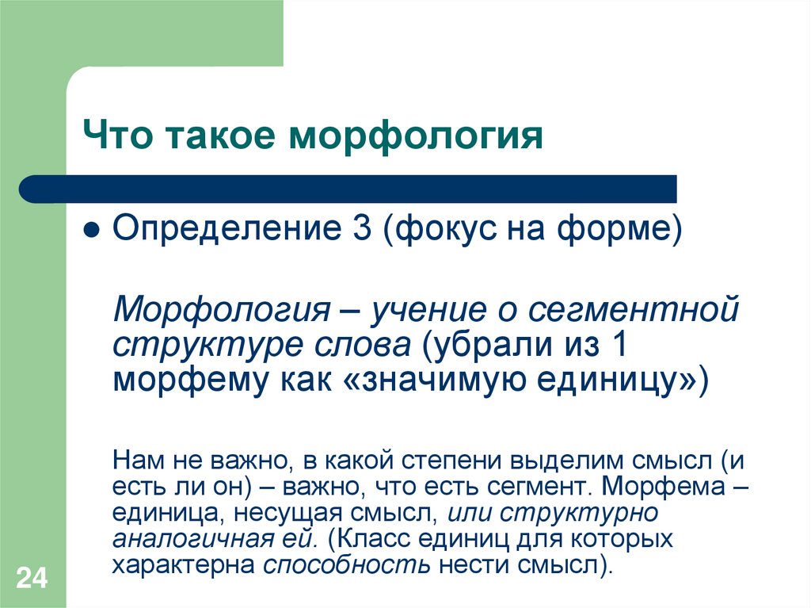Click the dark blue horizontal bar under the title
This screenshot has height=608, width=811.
click(348, 189)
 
